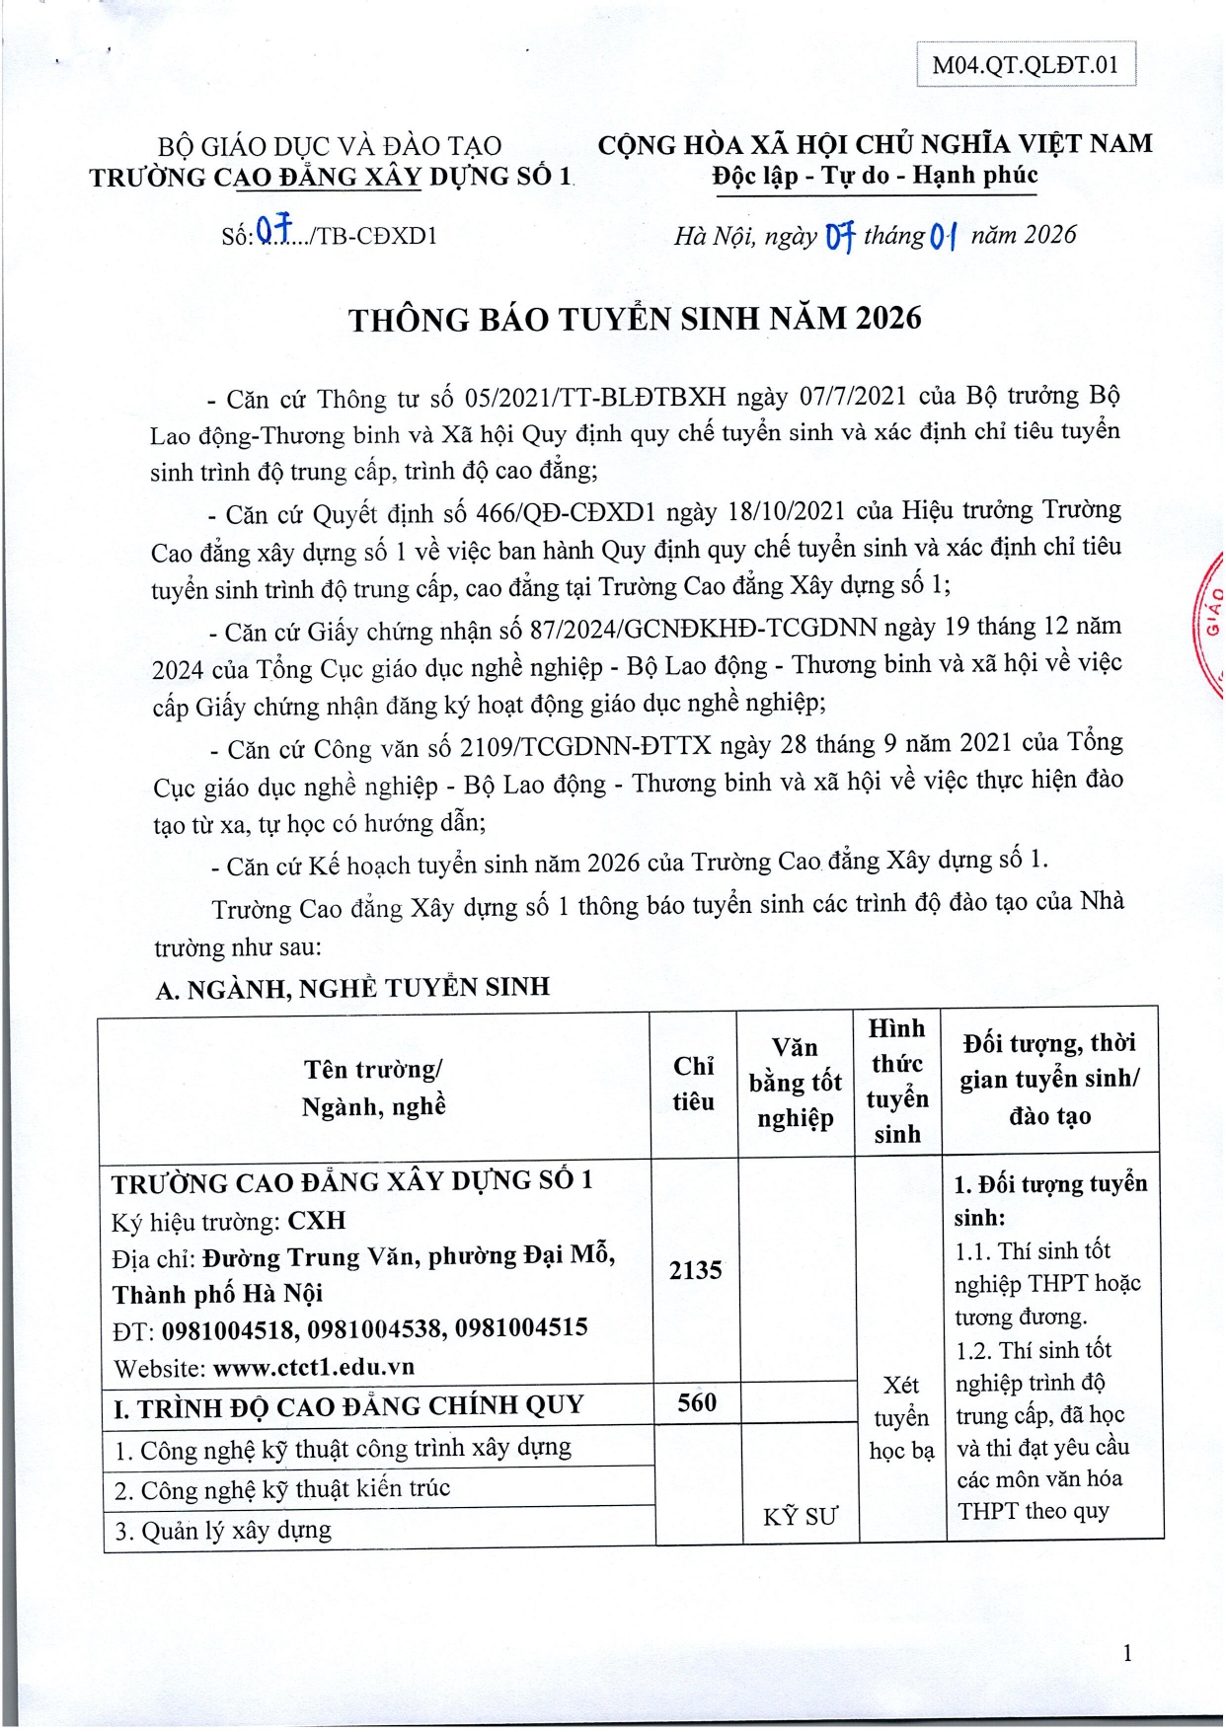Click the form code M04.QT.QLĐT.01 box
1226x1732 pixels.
coord(1026,65)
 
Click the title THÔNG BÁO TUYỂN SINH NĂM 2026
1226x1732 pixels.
coord(635,319)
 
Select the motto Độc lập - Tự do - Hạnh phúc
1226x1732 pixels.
coord(875,176)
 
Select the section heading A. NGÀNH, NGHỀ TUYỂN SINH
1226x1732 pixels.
coord(352,988)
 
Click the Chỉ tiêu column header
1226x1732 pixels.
coord(693,1083)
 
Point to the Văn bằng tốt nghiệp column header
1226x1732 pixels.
coord(795,1083)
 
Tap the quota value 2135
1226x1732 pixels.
coord(695,1270)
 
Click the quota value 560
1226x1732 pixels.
coord(696,1402)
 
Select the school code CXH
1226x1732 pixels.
coord(316,1221)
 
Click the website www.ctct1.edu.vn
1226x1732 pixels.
coord(313,1368)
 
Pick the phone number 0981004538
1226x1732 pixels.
coord(375,1329)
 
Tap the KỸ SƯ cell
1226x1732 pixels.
coord(799,1517)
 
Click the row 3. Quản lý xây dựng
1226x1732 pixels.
coord(223,1531)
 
